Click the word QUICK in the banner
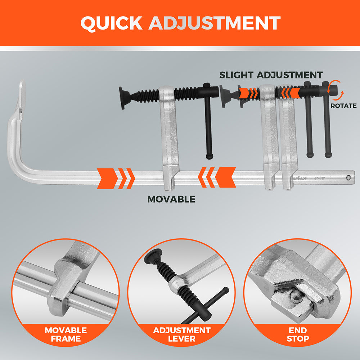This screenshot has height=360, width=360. (x=112, y=23)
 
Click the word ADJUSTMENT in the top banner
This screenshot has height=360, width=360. (x=215, y=23)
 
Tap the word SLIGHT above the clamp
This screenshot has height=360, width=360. (x=237, y=75)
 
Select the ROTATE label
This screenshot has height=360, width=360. (x=343, y=106)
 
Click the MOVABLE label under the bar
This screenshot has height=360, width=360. (x=171, y=199)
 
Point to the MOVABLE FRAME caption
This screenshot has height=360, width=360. (x=66, y=334)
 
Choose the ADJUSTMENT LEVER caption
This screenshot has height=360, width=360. (x=181, y=334)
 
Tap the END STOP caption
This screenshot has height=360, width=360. (x=298, y=334)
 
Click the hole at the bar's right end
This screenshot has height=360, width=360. (x=348, y=177)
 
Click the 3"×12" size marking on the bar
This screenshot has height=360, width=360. (x=320, y=178)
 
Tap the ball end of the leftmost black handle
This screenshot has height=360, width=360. (x=209, y=156)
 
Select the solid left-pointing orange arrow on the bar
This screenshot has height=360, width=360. (x=225, y=177)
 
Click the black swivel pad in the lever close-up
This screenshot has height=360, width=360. (x=153, y=256)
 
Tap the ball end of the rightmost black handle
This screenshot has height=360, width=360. (x=328, y=155)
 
